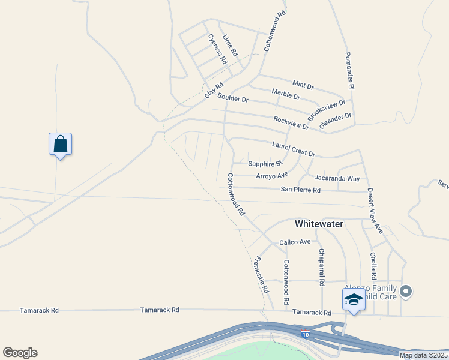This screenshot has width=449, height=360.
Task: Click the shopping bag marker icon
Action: coord(60,145)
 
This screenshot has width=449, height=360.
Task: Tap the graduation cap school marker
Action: coord(354,299)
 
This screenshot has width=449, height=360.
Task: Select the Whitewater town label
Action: coord(319,224)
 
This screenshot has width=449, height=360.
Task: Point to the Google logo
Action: coord(20,353)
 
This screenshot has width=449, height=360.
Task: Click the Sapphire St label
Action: coord(265,163)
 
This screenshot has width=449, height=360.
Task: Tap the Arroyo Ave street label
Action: coord(272,175)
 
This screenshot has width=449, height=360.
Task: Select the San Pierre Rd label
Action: coord(301,190)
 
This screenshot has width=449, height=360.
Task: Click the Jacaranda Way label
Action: coord(337,178)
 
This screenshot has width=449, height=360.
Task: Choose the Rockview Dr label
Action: coord(291,122)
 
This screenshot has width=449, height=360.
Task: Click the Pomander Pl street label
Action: coord(349,71)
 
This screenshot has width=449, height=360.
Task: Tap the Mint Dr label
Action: coord(303,85)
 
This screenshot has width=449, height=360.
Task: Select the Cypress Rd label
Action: coord(217,49)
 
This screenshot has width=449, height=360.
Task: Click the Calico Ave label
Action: coord(295,242)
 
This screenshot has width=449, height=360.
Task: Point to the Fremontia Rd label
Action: coord(261,275)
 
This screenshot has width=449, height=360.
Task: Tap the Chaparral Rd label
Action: coord(322,266)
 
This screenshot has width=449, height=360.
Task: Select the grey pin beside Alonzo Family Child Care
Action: coord(406,292)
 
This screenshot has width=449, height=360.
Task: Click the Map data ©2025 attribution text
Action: coord(424,355)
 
